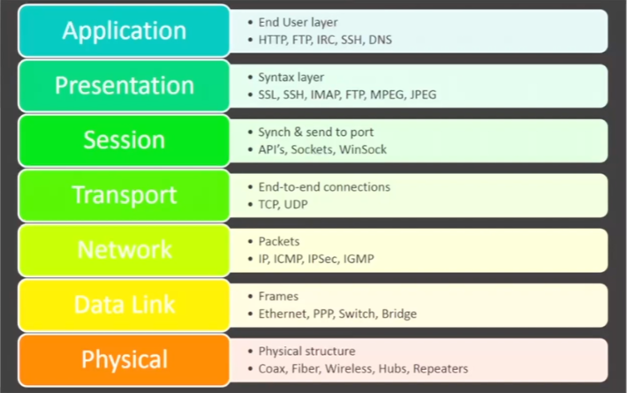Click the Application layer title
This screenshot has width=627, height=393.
125,31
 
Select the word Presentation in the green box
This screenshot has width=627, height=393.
125,85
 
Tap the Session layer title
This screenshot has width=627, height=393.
125,140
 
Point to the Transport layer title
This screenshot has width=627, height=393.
125,195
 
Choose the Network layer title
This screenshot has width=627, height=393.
125,249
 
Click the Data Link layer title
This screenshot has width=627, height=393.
125,305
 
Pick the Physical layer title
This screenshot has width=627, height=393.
125,359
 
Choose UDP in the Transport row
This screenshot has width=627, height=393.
296,204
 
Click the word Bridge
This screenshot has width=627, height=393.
399,314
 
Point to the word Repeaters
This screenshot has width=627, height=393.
441,368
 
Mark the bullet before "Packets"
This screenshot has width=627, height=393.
250,241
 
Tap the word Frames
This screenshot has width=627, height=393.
278,296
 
